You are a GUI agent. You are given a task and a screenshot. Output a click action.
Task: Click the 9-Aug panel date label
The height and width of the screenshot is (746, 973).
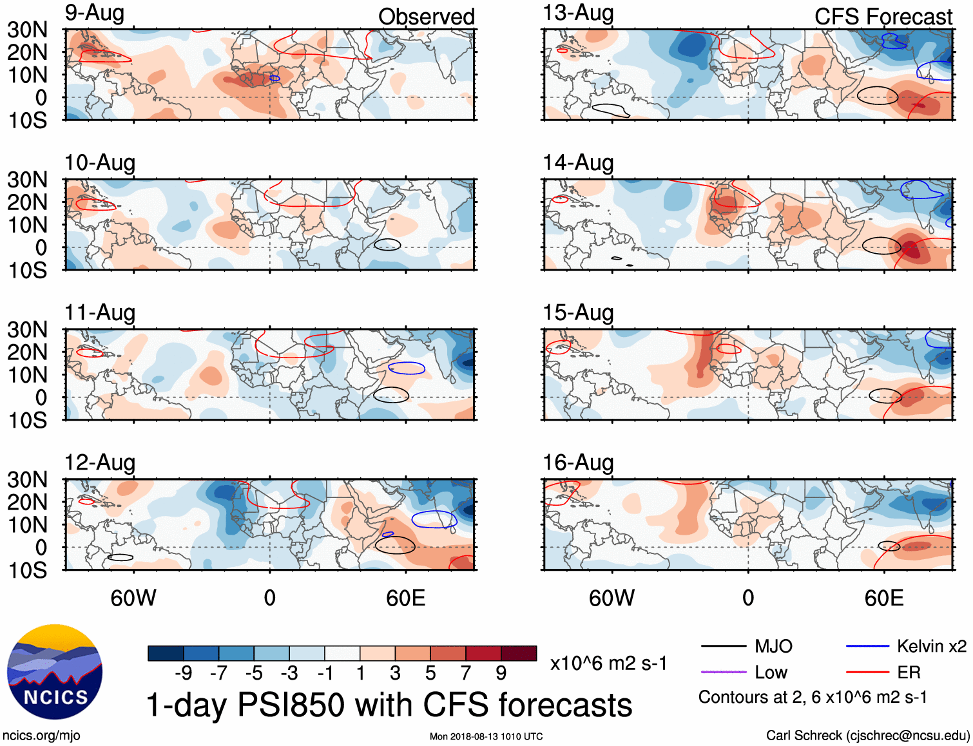coord(94,14)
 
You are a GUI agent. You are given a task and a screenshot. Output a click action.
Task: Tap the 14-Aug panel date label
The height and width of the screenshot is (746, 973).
coord(578,163)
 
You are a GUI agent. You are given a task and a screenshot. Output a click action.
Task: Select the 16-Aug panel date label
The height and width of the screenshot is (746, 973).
coord(578,463)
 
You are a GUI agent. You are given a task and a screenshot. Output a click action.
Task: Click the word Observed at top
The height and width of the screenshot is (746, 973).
coord(426,17)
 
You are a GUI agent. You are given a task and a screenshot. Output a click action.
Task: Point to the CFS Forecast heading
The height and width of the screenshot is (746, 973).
coord(883,17)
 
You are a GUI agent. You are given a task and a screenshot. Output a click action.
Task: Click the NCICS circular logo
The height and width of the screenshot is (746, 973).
coord(55,672)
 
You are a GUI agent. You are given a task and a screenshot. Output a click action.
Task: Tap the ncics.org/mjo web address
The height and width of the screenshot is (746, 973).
coord(41,736)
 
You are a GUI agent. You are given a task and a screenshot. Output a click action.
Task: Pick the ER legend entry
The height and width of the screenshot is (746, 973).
coord(909,673)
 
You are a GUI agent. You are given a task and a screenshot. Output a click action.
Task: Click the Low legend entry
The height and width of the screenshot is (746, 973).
coord(771,673)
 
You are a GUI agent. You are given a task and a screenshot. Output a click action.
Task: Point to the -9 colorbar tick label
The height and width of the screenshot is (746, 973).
coord(183,673)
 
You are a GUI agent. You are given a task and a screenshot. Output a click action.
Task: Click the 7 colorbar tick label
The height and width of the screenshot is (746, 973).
coord(465,673)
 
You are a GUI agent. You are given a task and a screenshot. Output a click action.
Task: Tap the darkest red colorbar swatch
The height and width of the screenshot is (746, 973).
coord(519,653)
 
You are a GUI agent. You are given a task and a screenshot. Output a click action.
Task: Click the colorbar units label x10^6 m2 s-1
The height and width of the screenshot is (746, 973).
coord(608,664)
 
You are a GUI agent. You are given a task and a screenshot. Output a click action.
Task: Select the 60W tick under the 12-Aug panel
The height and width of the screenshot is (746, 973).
coord(133,598)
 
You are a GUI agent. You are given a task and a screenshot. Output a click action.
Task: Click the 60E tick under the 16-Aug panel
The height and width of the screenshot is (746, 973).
coord(883,598)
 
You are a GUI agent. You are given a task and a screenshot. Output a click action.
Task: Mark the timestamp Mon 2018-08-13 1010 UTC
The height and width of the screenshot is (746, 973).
coord(486,736)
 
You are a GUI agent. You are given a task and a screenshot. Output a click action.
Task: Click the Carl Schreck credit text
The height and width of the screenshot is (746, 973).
coord(867,736)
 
